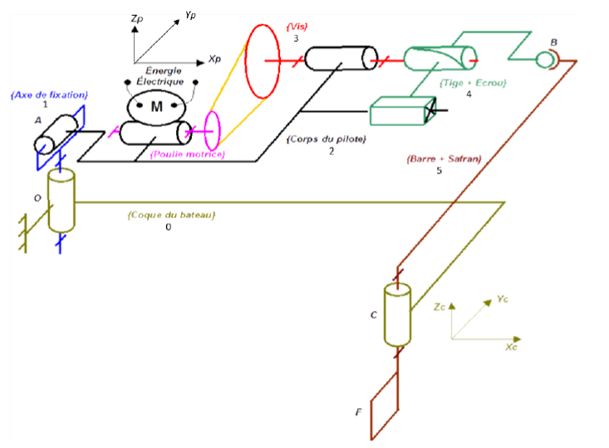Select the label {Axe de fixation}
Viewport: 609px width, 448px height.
50,95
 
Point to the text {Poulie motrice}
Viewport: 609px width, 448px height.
187,154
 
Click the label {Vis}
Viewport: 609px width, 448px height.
295,27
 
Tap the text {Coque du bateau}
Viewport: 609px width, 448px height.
171,215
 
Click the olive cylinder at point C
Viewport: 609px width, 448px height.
397,315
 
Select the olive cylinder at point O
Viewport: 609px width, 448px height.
61,202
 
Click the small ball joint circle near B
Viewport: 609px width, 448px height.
545,59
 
